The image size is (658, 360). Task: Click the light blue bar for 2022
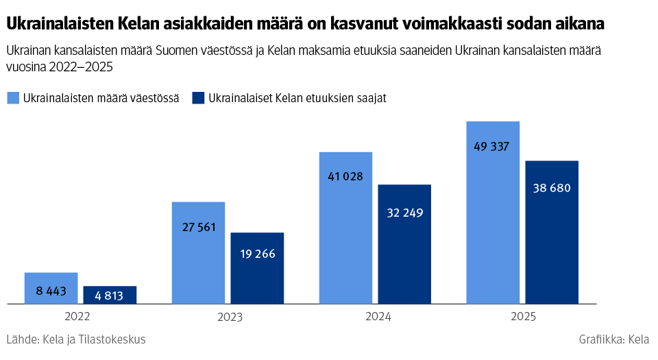click(51, 288)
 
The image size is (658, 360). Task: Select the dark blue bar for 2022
click(110, 295)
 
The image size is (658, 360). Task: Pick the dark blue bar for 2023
click(257, 268)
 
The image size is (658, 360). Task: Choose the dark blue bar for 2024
click(404, 244)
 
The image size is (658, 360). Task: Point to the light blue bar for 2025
click(493, 213)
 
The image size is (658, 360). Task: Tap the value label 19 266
click(257, 254)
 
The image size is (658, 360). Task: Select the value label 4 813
click(110, 296)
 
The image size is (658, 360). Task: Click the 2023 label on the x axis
click(230, 317)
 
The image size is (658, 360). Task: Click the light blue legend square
click(13, 98)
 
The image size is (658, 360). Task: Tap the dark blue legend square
click(198, 98)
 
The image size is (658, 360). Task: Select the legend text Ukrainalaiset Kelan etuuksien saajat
click(297, 98)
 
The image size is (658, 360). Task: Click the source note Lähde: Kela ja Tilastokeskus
click(75, 339)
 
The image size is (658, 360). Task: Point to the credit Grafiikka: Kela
click(613, 339)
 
